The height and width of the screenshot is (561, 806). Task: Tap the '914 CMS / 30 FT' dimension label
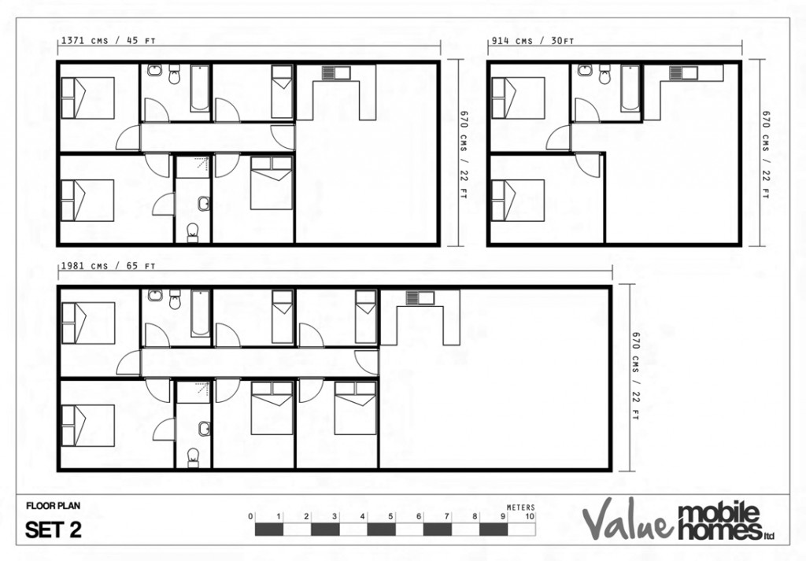click(532, 41)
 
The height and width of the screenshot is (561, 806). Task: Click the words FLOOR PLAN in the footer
click(53, 506)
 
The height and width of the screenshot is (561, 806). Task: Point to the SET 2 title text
click(54, 530)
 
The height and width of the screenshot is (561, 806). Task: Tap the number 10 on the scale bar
click(530, 517)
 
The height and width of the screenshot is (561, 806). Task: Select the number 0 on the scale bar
click(250, 517)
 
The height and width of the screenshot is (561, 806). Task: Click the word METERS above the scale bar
click(521, 507)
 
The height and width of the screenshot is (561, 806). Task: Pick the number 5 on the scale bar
click(390, 517)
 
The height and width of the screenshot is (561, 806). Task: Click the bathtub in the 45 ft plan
click(200, 89)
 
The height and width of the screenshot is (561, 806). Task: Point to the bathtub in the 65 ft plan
click(200, 313)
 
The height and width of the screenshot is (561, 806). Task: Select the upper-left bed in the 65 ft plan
click(88, 323)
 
